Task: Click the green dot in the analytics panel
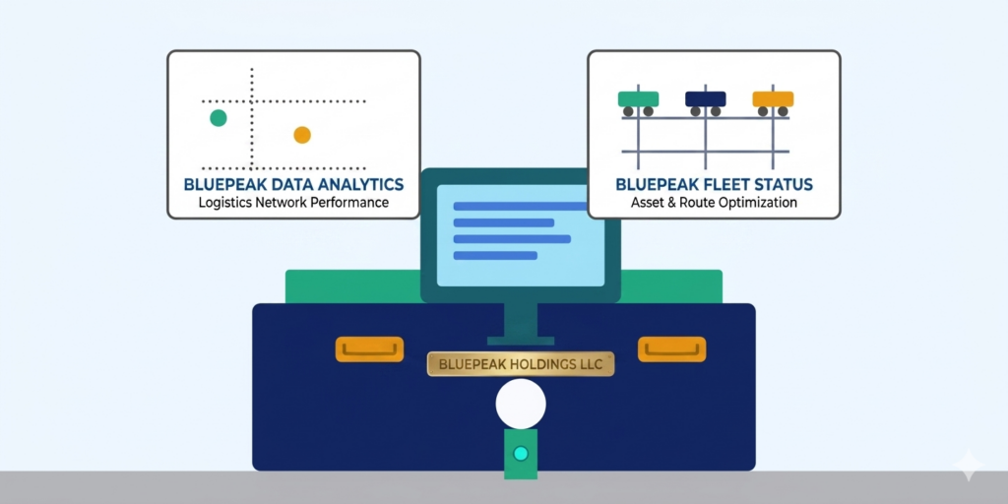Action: coord(219,118)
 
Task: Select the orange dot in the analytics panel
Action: coord(302,135)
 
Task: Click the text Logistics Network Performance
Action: coord(293,203)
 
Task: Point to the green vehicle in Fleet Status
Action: coord(638,98)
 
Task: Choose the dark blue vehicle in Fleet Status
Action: coord(705,98)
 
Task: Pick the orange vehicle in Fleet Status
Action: coord(773,98)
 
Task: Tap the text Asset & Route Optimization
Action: coord(714,203)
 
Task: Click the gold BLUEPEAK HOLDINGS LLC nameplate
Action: coord(521,364)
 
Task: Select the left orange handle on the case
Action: coord(369,348)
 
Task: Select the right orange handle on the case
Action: coord(672,348)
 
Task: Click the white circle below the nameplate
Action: coord(521,405)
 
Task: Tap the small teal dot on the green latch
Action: coord(521,453)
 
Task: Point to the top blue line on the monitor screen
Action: coord(519,205)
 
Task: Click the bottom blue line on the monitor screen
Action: coord(494,255)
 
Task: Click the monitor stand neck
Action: coord(521,320)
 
